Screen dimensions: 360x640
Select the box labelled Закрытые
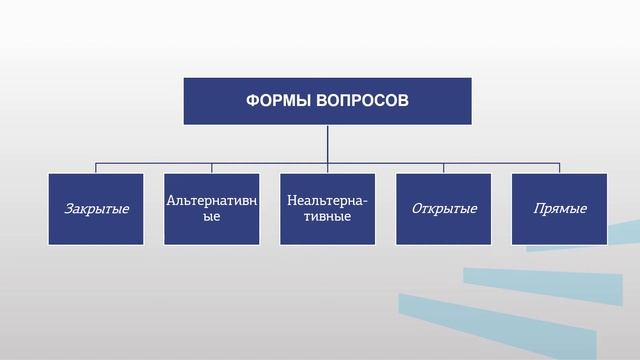96,209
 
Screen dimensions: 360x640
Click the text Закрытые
96,210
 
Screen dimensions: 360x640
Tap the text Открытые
444,209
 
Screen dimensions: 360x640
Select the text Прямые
560,209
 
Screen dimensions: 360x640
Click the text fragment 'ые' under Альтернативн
211,217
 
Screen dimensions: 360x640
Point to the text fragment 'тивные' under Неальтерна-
327,217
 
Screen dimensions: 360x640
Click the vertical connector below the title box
327,143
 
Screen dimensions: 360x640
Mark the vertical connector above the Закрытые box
96,168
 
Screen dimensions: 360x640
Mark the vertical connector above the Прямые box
560,168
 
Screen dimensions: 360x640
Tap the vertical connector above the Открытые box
444,168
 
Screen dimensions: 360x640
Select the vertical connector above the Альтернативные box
212,168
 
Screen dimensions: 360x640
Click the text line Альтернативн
212,201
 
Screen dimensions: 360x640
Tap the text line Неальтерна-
327,201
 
